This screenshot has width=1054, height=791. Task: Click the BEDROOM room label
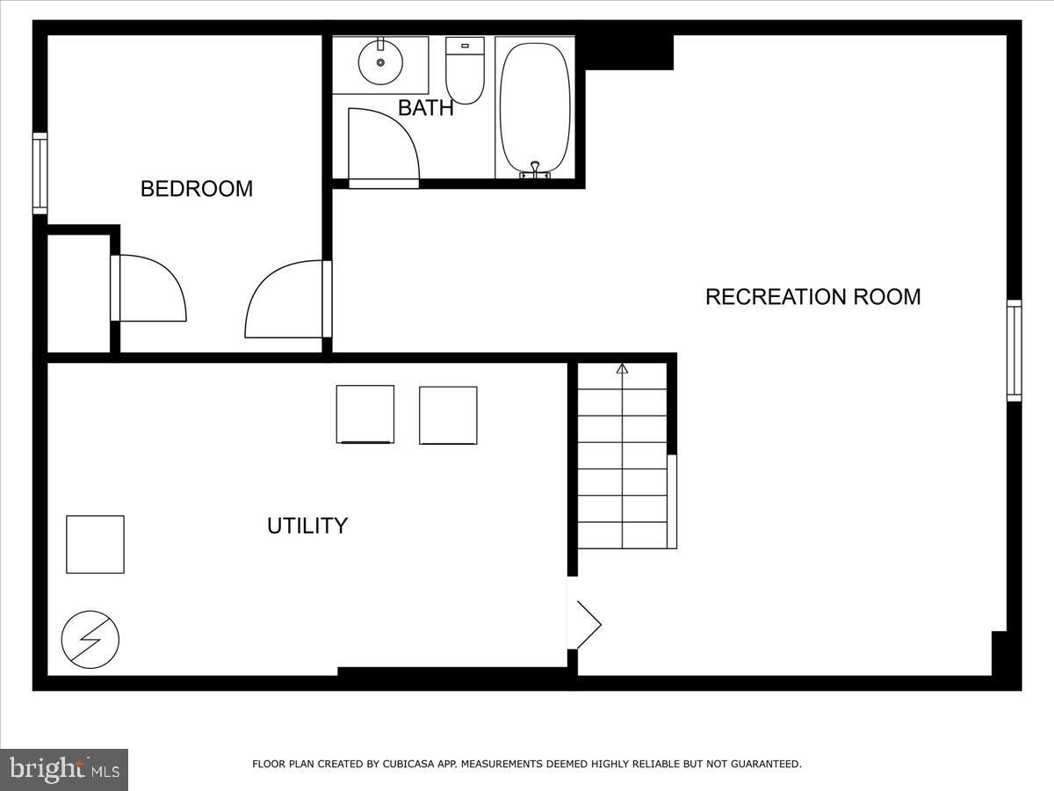tap(197, 189)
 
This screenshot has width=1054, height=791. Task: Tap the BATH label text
tap(426, 108)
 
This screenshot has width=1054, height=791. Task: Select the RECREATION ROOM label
tap(812, 297)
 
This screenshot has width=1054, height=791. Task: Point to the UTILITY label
tap(307, 526)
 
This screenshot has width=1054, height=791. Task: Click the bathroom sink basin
tap(380, 62)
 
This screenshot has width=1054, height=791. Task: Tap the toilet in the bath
tap(465, 69)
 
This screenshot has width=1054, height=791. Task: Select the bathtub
tap(535, 105)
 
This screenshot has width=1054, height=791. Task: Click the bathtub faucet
tap(534, 169)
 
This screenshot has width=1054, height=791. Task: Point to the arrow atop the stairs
tap(623, 369)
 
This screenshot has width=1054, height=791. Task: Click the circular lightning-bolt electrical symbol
tap(90, 639)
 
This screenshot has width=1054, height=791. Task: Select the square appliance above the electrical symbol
tap(95, 544)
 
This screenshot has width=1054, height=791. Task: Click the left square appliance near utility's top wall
tap(365, 414)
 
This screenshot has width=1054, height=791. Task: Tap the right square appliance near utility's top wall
tap(448, 415)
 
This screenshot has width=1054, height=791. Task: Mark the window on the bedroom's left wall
tap(40, 173)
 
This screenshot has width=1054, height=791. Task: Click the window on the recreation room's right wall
tap(1014, 350)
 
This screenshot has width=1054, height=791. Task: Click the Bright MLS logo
tap(64, 769)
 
